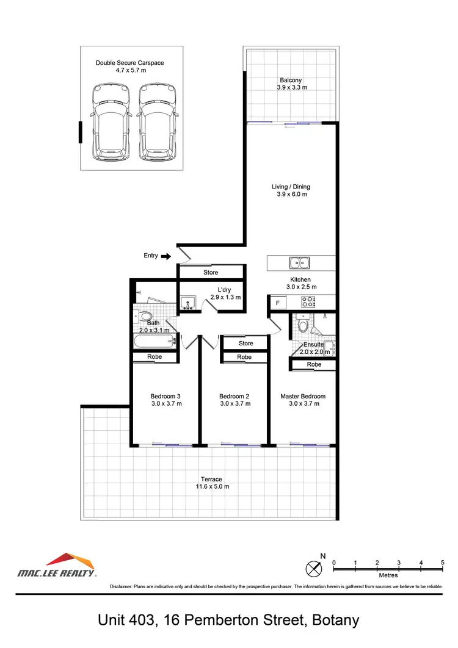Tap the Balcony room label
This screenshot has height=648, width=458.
[291, 80]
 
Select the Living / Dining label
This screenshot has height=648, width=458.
[291, 187]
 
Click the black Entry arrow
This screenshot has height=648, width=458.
[165, 256]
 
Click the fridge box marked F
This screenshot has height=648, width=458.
[278, 303]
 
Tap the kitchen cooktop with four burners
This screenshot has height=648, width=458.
[308, 302]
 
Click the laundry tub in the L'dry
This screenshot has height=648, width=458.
[187, 303]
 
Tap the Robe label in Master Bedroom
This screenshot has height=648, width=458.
[314, 364]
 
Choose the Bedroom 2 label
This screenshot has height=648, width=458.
[234, 396]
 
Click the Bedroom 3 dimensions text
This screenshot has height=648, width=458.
[166, 404]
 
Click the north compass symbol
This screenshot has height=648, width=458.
[314, 568]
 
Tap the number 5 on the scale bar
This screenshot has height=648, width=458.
[442, 562]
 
